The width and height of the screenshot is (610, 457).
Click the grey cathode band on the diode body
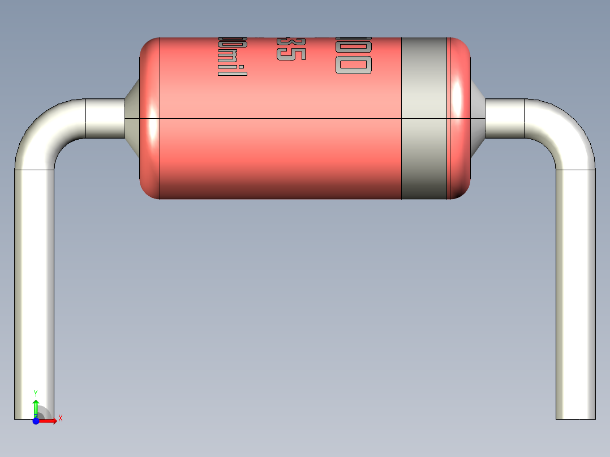(x=424, y=119)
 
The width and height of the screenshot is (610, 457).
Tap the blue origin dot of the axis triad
(x=36, y=421)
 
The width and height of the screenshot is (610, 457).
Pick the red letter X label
(x=60, y=419)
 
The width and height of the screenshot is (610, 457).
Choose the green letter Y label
(x=36, y=393)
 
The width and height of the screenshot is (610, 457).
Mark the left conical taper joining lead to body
(x=132, y=118)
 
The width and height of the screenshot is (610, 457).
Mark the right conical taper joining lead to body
(x=478, y=118)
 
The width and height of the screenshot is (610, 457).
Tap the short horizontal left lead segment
(x=105, y=119)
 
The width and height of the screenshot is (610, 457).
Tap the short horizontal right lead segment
(x=504, y=119)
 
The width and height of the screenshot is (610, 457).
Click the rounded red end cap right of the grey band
(x=459, y=119)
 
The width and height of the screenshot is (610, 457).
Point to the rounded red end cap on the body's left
(x=150, y=119)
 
